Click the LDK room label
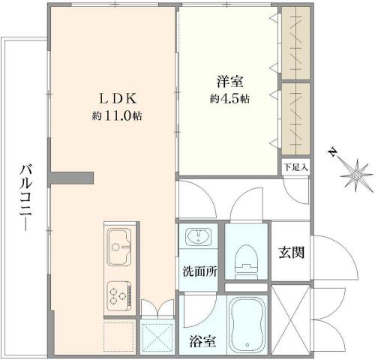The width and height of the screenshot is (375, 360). coord(118,98)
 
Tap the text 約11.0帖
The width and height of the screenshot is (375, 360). coord(117,115)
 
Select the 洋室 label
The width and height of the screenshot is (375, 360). coord(229,81)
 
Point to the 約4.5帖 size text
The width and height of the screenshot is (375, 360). coord(229,99)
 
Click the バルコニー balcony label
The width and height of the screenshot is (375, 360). coord(26,196)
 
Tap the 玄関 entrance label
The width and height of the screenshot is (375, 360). coord(292,252)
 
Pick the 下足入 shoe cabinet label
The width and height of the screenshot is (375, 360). coord(295,167)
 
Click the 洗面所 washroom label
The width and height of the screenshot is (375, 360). coord(199,271)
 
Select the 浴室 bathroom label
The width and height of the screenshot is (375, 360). coord(202,340)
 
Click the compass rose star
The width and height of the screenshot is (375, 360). coord(356,175)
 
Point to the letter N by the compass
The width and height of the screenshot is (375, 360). coord(332,152)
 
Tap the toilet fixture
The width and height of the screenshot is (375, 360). coord(246,262)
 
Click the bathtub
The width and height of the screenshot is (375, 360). coord(247,325)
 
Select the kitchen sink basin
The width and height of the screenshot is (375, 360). coord(119,247)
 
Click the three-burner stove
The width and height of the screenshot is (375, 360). coord(119,296)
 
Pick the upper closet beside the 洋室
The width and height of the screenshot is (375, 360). coord(295,43)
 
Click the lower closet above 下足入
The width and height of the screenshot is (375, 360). coord(295,119)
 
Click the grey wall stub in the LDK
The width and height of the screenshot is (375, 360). coord(72,178)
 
